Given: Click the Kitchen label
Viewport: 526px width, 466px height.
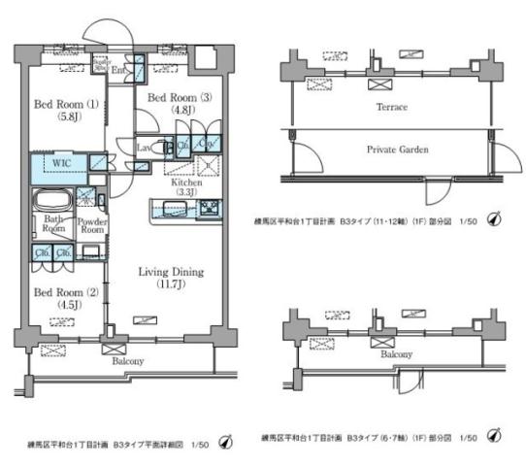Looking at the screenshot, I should pyautogui.click(x=185, y=182).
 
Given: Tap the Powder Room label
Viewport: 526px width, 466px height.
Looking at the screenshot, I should pyautogui.click(x=91, y=225).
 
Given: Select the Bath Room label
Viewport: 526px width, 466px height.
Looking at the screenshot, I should pyautogui.click(x=51, y=225).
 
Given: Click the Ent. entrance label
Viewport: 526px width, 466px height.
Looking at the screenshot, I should pyautogui.click(x=120, y=71).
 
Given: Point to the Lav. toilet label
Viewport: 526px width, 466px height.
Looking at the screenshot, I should pyautogui.click(x=143, y=148).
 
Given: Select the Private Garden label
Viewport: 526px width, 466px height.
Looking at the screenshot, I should pyautogui.click(x=396, y=150).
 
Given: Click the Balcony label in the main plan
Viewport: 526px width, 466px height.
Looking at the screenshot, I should pyautogui.click(x=127, y=361).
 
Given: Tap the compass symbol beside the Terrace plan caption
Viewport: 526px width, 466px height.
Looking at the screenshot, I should pyautogui.click(x=494, y=220).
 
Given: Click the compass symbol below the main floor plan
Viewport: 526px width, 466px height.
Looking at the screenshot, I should pyautogui.click(x=225, y=443).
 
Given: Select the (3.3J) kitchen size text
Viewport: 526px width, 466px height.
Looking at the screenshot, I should pyautogui.click(x=185, y=193).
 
